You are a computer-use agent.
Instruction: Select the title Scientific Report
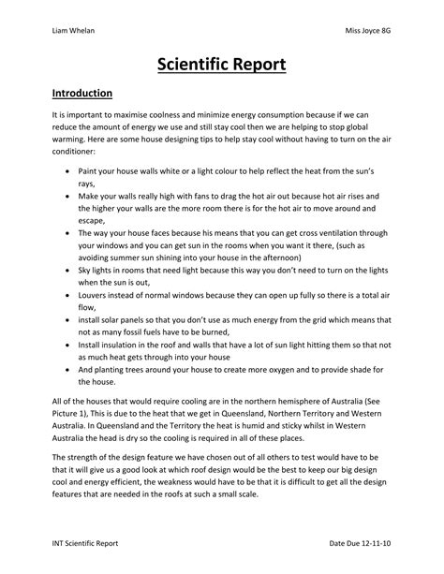pyautogui.click(x=222, y=66)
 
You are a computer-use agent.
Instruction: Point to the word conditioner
pyautogui.click(x=78, y=151)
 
